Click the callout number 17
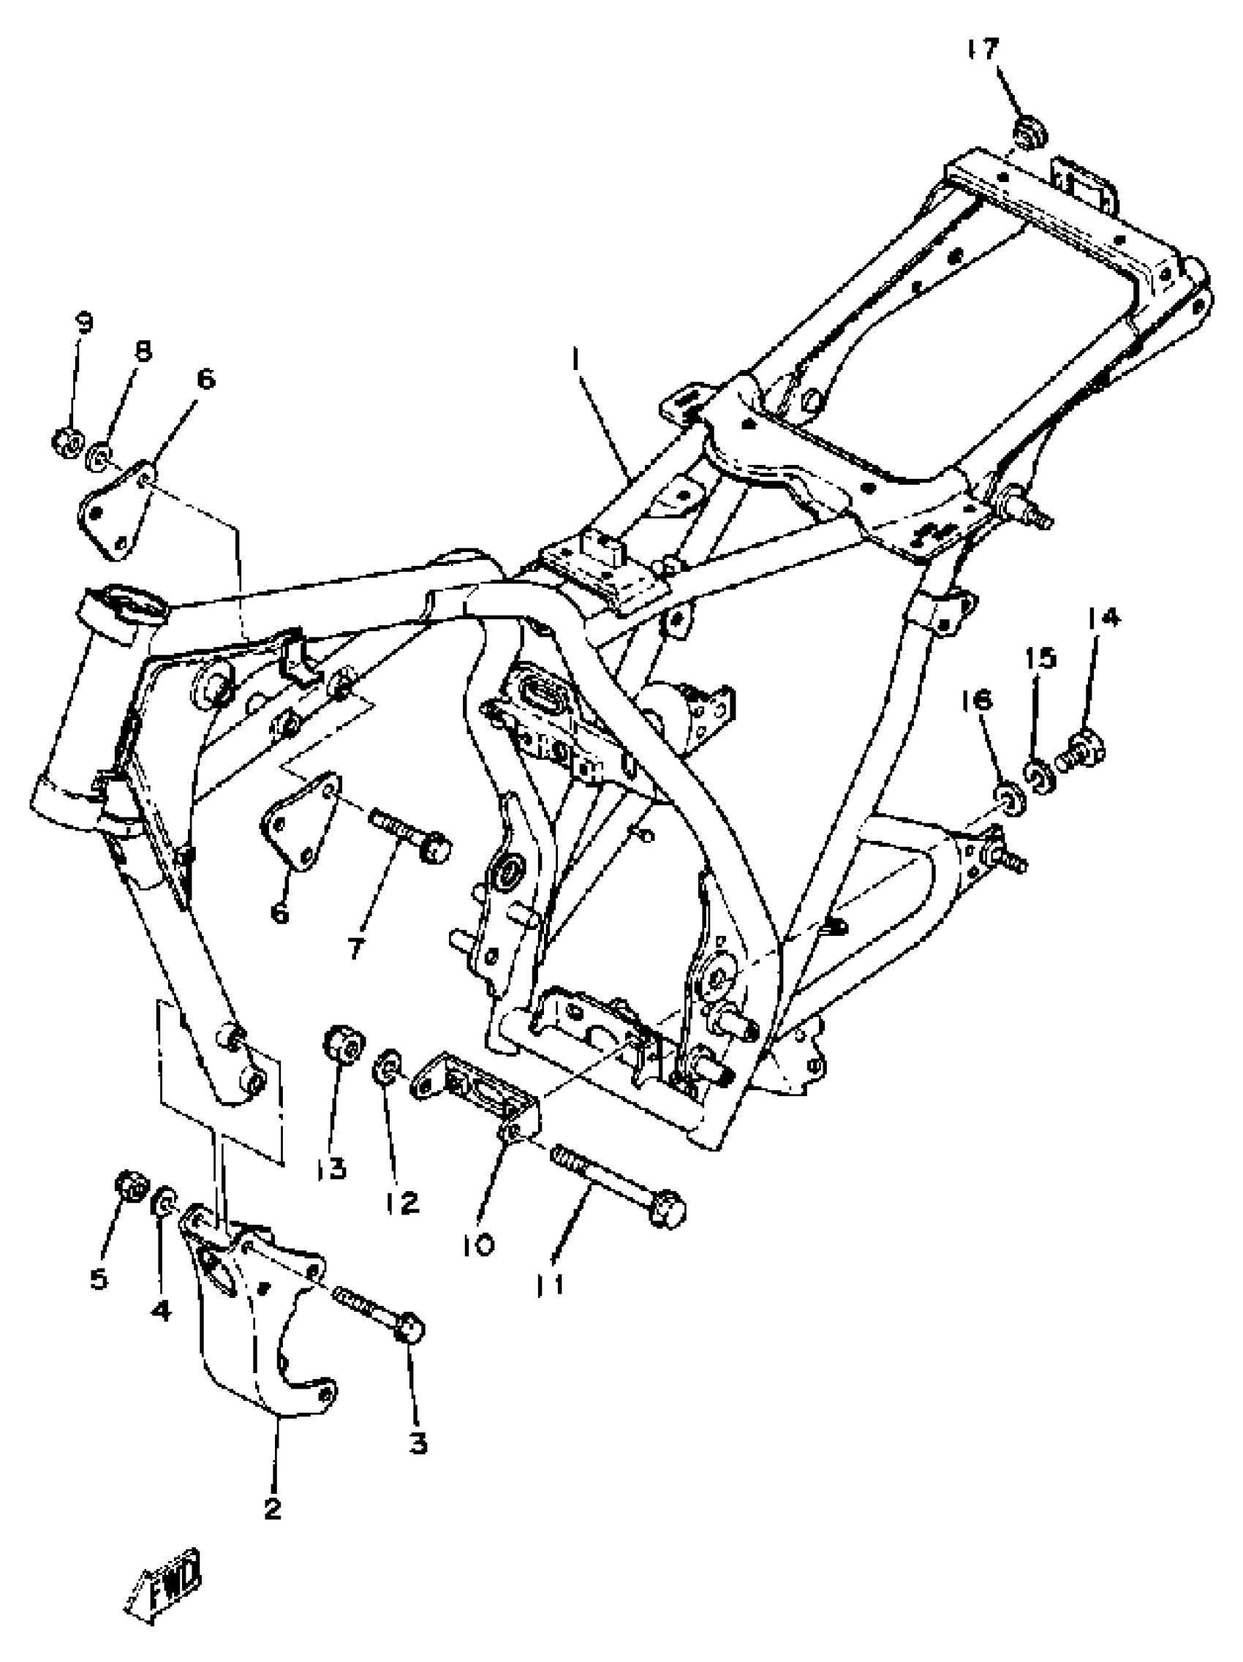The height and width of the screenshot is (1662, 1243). point(983,50)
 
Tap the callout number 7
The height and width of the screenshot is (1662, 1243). point(355,948)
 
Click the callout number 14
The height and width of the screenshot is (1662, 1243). point(1102,618)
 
